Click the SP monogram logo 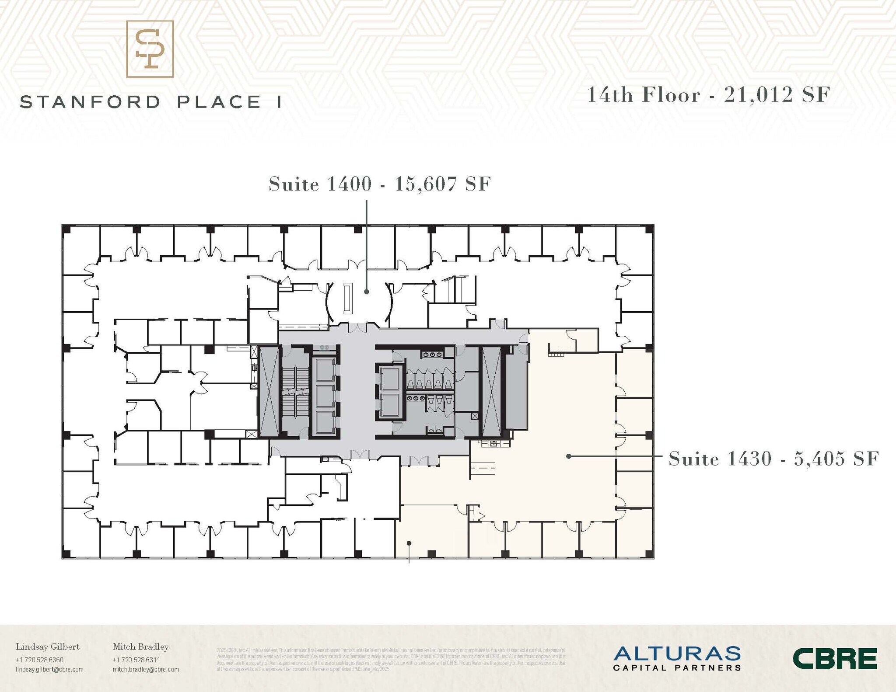(150, 49)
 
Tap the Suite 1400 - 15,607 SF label (380, 184)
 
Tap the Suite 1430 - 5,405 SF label (773, 459)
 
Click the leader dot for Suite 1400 (367, 292)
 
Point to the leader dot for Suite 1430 (568, 456)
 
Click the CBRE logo (834, 658)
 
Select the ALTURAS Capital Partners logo (677, 658)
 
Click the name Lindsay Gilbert (48, 647)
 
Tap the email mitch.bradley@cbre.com (146, 669)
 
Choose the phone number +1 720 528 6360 (39, 660)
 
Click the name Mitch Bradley (140, 647)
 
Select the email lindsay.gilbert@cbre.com (49, 669)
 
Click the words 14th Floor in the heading (644, 95)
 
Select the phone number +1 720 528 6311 (136, 660)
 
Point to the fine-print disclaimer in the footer (391, 660)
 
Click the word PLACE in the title (219, 102)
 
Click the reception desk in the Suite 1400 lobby (348, 299)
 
